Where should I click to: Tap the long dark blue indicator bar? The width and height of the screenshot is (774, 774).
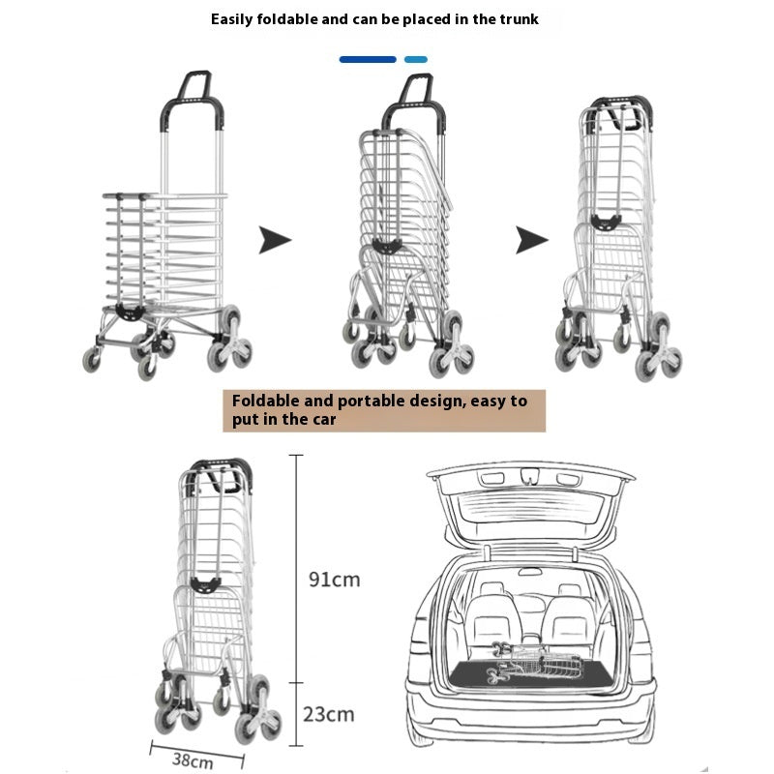(368, 59)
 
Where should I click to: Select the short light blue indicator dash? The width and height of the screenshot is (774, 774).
(415, 59)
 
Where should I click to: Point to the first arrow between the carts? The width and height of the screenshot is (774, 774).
(275, 240)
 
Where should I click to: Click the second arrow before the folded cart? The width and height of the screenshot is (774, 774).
(531, 240)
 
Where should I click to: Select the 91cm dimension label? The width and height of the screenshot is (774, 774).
(334, 580)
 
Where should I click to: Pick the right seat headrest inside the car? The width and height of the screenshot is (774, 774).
(569, 591)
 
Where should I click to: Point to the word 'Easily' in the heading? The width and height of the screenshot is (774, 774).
(236, 18)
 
